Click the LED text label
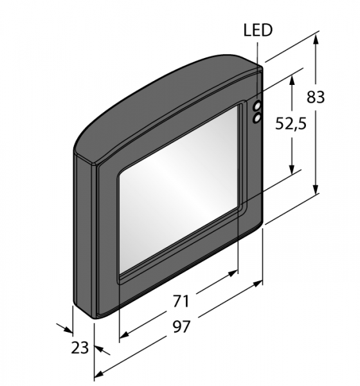tap(258, 30)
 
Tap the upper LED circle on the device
tap(257, 106)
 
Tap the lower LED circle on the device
tap(257, 118)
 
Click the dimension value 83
tap(316, 96)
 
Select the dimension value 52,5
tap(291, 124)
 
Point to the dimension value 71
tap(181, 301)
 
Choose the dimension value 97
tap(181, 327)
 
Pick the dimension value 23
tap(80, 348)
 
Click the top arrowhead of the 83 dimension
tap(316, 39)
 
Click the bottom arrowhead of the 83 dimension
tap(316, 188)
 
